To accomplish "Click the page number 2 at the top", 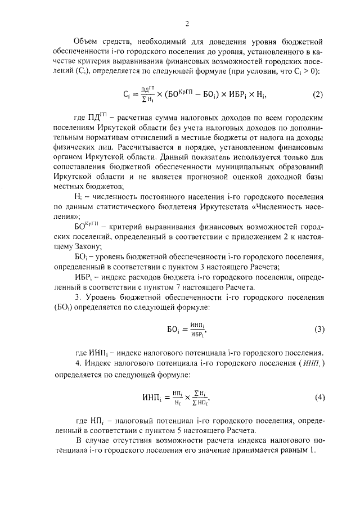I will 186,24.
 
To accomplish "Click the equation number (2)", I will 318,94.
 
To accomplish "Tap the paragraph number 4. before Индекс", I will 78,366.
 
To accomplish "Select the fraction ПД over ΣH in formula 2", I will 147,94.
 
